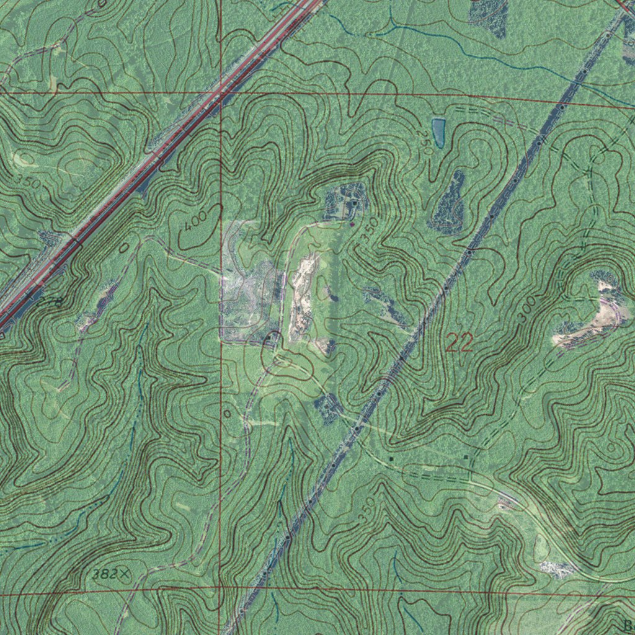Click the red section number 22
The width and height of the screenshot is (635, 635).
pyautogui.click(x=460, y=342)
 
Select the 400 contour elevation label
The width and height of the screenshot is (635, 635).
pyautogui.click(x=194, y=228)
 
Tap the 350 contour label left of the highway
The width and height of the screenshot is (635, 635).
pyautogui.click(x=28, y=182)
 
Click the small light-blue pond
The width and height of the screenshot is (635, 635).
pyautogui.click(x=438, y=131)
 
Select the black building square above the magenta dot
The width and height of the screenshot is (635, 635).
pyautogui.click(x=354, y=203)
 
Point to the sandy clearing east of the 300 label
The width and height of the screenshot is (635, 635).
pyautogui.click(x=589, y=322)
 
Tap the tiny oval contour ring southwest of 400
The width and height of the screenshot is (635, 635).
pyautogui.click(x=124, y=247)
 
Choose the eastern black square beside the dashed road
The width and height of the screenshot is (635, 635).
pyautogui.click(x=466, y=457)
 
